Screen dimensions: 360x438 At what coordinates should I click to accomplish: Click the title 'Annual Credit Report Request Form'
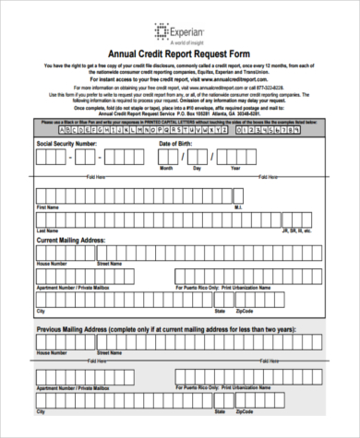coord(181,53)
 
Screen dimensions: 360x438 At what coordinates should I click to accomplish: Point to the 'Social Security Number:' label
coord(66,145)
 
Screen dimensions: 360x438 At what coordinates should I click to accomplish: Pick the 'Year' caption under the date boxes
coord(261,170)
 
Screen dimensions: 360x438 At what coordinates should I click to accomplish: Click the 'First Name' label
coord(46,207)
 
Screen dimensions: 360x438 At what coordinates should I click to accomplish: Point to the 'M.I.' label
coord(238,207)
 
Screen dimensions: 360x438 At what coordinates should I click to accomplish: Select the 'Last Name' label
coord(46,231)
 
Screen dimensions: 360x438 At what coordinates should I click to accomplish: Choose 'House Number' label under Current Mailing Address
coord(52,264)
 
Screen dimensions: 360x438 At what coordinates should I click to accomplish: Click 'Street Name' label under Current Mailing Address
coord(110,264)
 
